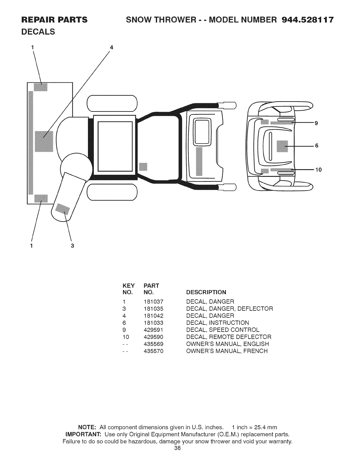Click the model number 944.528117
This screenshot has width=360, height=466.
308,20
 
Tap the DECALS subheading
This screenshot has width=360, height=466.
38,32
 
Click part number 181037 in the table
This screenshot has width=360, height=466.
154,302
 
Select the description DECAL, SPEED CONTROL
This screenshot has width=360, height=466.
223,330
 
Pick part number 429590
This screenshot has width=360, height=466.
154,337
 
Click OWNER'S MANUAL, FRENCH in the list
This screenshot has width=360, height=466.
227,351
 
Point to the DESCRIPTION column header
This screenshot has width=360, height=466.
206,292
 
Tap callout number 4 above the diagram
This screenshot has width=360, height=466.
111,47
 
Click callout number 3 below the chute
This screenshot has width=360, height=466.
72,246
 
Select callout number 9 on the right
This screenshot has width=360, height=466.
316,123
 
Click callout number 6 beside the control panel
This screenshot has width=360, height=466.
317,146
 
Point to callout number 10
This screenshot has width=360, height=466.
319,170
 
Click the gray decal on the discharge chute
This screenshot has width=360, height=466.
63,209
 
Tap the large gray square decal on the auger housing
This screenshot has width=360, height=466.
44,141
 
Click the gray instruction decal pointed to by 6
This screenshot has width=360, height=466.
282,146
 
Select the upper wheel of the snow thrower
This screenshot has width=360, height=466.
112,104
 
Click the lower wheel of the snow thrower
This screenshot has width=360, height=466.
112,192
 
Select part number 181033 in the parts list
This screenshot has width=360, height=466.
154,323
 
